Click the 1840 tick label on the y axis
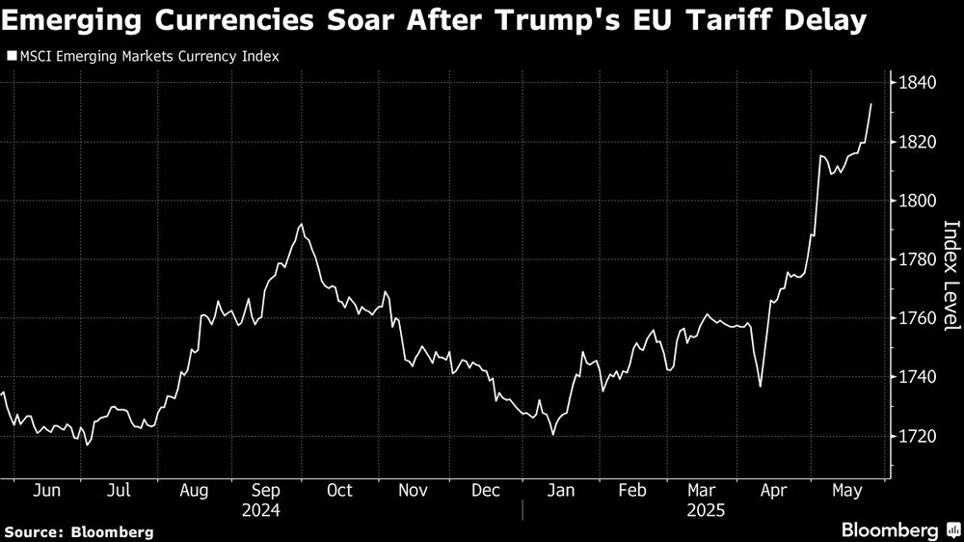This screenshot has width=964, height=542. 918,83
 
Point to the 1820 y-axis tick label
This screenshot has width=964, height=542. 918,142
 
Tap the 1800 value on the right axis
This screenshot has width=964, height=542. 918,201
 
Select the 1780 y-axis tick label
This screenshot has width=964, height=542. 918,259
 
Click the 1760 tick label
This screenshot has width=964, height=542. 918,318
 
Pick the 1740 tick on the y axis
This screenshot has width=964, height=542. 918,377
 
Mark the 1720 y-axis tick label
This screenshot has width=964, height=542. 918,436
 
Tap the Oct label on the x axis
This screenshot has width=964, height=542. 338,491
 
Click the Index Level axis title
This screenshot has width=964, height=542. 951,275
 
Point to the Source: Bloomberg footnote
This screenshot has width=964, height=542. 78,531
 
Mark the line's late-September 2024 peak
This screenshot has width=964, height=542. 302,225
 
